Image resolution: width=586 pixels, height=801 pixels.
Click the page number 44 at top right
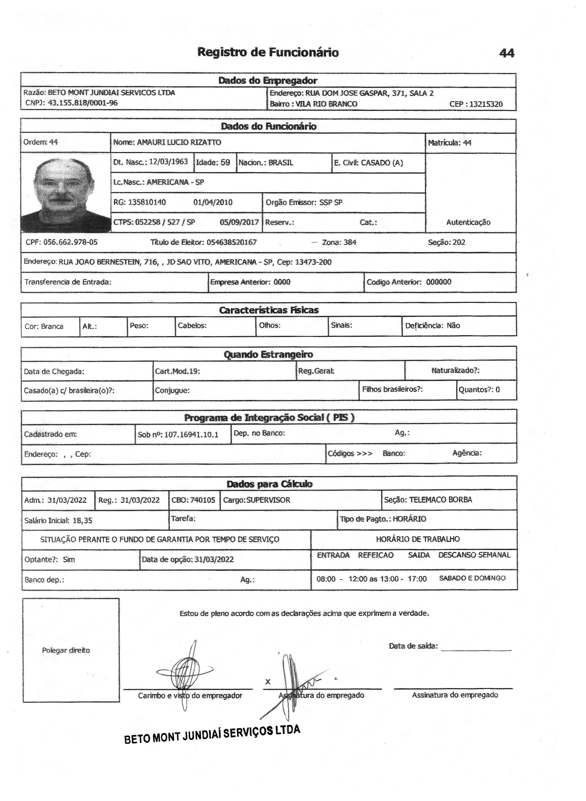507,53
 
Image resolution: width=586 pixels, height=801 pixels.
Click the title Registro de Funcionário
268,52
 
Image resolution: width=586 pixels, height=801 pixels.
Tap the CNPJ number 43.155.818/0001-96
83,103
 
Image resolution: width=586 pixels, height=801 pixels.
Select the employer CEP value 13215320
486,104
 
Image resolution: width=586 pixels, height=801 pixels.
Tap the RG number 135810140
147,202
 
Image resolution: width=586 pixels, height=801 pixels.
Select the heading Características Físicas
269,310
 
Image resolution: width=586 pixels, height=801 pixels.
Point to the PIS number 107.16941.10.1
191,435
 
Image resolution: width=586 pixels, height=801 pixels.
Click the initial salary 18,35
82,521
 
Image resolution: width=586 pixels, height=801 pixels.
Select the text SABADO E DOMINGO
472,578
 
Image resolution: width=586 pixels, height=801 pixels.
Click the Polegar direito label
66,650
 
